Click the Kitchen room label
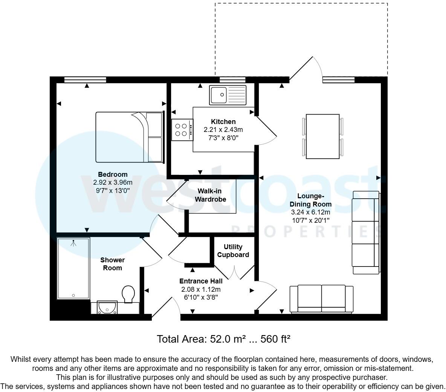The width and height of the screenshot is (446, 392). [x=223, y=122]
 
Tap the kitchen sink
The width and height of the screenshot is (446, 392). [x=228, y=95]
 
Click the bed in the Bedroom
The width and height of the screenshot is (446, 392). [x=129, y=137]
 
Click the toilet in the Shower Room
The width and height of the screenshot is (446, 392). [x=129, y=294]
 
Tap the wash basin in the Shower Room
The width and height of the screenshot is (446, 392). [x=107, y=308]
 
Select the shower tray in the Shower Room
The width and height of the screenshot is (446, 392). [x=73, y=268]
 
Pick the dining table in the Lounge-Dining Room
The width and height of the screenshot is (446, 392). [x=323, y=136]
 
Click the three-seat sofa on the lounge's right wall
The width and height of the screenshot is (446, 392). [x=366, y=233]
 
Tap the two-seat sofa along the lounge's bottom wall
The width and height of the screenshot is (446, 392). [x=321, y=299]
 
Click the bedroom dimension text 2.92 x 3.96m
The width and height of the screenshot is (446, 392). [x=113, y=182]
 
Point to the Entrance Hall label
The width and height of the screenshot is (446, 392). [x=201, y=281]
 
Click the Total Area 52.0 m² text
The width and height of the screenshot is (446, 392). [x=223, y=339]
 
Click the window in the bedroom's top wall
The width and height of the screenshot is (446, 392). [x=85, y=80]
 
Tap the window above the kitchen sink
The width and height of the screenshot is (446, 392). [x=232, y=80]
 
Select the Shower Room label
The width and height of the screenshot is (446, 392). [x=112, y=264]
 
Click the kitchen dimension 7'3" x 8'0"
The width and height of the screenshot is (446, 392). [x=223, y=138]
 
